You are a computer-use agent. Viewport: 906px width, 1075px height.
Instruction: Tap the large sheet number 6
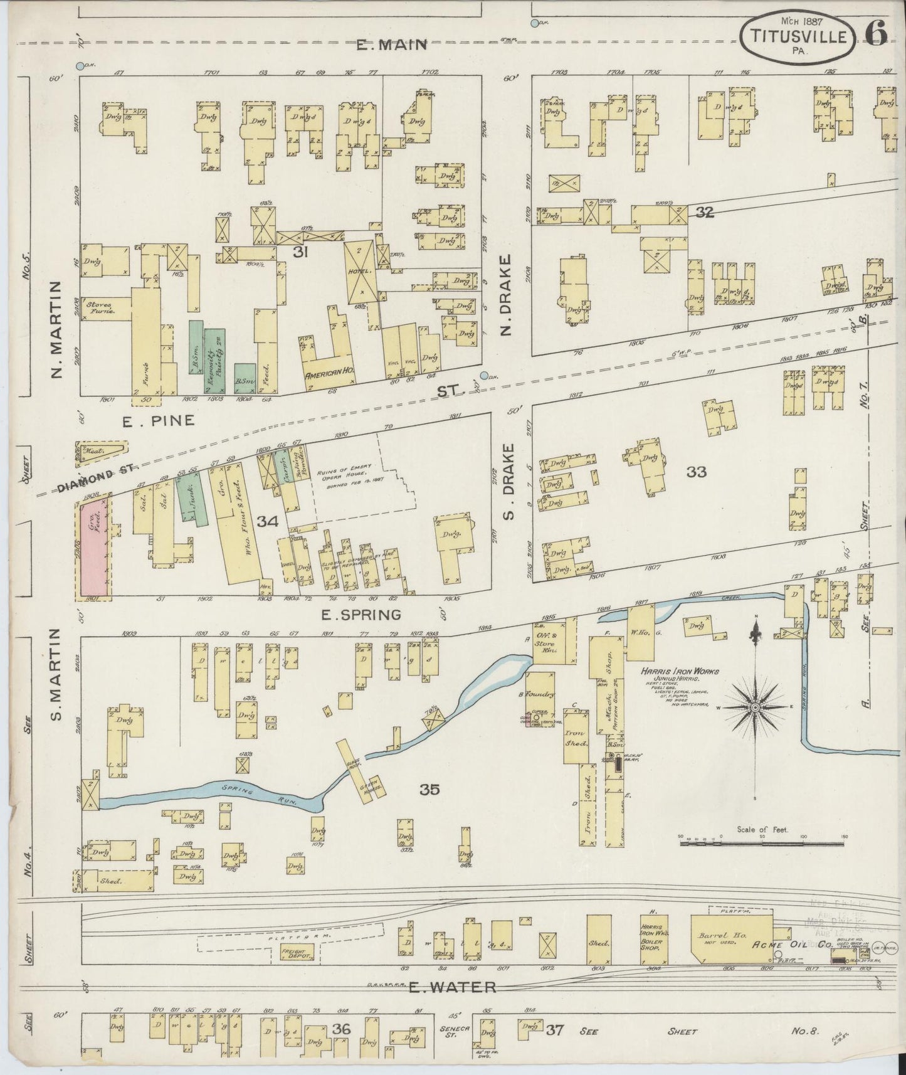pyautogui.click(x=876, y=33)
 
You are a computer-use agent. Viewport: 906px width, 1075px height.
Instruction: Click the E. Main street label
pyautogui.click(x=391, y=45)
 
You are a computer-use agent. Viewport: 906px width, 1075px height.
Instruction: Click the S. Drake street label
pyautogui.click(x=510, y=482)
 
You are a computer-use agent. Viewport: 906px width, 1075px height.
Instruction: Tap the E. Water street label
pyautogui.click(x=452, y=987)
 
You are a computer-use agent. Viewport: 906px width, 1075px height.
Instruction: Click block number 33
pyautogui.click(x=696, y=472)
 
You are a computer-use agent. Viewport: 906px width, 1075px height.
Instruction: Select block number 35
pyautogui.click(x=429, y=789)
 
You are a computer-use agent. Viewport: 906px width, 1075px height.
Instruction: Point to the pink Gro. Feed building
pyautogui.click(x=94, y=547)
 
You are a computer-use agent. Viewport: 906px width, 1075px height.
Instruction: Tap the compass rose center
pyautogui.click(x=756, y=707)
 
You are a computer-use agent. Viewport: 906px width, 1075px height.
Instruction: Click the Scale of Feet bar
pyautogui.click(x=763, y=842)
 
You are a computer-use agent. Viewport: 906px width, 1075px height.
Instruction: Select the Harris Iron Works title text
pyautogui.click(x=680, y=671)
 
